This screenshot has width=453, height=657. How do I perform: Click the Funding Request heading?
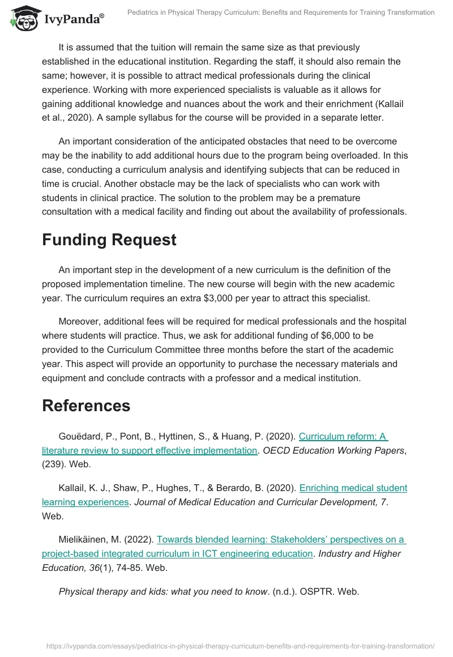(109, 240)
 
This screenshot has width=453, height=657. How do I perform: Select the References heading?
(86, 406)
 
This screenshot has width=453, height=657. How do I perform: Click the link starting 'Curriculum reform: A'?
(343, 436)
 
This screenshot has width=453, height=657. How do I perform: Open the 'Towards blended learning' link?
(280, 539)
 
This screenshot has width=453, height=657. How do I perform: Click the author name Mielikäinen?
(87, 539)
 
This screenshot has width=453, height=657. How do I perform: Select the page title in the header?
(281, 12)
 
